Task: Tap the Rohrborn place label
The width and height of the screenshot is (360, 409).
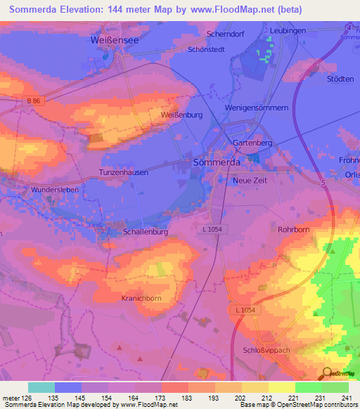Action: click(x=293, y=229)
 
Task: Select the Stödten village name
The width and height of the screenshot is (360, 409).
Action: click(x=340, y=79)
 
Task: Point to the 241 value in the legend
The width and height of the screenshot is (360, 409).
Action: click(x=346, y=398)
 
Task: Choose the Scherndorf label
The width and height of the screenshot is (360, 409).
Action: click(x=224, y=34)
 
